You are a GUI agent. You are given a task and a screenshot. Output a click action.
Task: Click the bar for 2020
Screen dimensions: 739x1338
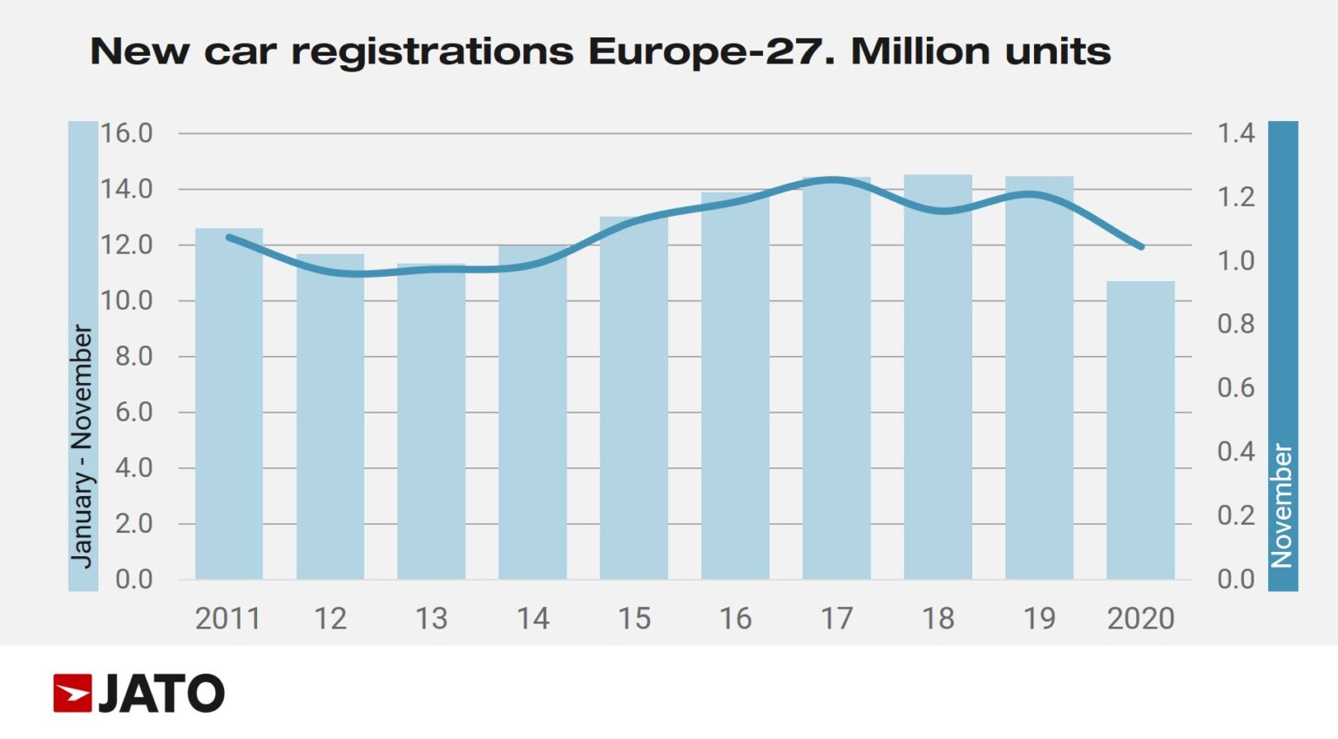pyautogui.click(x=1140, y=430)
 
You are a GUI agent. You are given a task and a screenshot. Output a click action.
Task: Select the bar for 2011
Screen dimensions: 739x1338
pyautogui.click(x=228, y=404)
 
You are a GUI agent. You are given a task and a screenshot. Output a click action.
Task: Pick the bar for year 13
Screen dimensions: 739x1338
pyautogui.click(x=431, y=421)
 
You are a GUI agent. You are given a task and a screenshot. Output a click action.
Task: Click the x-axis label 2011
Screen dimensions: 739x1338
pyautogui.click(x=228, y=619)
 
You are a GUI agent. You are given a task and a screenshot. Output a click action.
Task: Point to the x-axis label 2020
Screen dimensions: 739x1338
pyautogui.click(x=1140, y=619)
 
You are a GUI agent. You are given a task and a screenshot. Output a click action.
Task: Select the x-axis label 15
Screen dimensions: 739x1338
pyautogui.click(x=634, y=619)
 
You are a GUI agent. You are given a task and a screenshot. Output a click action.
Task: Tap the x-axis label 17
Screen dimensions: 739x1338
pyautogui.click(x=836, y=619)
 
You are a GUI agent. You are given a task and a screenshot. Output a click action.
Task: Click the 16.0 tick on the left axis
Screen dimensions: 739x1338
pyautogui.click(x=126, y=133)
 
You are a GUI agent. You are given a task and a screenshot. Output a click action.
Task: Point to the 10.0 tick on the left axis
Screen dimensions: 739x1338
pyautogui.click(x=126, y=300)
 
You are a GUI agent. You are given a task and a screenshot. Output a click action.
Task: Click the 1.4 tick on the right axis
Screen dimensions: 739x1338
pyautogui.click(x=1235, y=133)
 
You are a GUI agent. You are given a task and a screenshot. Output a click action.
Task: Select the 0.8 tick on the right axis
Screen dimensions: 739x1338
pyautogui.click(x=1235, y=324)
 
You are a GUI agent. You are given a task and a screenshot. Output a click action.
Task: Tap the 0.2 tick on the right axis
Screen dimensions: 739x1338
pyautogui.click(x=1235, y=515)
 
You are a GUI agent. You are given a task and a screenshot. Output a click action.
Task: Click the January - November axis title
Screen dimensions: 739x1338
pyautogui.click(x=82, y=446)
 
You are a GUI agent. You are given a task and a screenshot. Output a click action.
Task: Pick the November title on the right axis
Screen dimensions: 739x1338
pyautogui.click(x=1282, y=505)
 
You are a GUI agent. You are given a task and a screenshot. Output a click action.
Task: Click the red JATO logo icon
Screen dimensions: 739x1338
pyautogui.click(x=72, y=693)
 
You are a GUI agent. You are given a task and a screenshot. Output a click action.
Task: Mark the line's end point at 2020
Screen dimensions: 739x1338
pyautogui.click(x=1140, y=247)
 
